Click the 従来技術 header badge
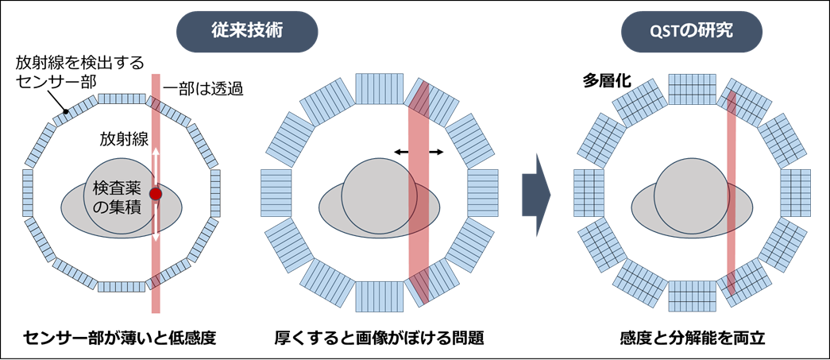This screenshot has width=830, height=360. (247, 32)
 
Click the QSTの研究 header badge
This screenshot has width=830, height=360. (691, 32)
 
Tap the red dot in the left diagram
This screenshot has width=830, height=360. (155, 194)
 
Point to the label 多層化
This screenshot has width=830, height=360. (596, 81)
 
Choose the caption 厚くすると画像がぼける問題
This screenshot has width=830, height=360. (379, 338)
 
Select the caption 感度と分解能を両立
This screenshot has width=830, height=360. (693, 338)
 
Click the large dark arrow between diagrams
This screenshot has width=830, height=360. (535, 195)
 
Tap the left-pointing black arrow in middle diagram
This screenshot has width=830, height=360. (402, 153)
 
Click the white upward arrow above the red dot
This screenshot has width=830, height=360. (156, 168)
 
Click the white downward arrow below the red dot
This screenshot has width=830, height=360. (156, 222)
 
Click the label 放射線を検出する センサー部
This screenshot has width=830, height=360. (79, 72)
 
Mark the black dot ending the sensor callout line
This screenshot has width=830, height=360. (67, 112)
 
